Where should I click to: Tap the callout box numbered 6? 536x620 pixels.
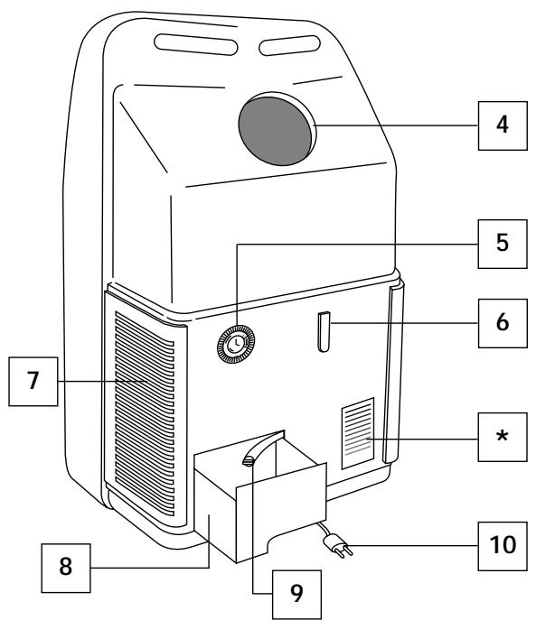(x=501, y=320)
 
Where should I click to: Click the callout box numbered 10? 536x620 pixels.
(x=501, y=547)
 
